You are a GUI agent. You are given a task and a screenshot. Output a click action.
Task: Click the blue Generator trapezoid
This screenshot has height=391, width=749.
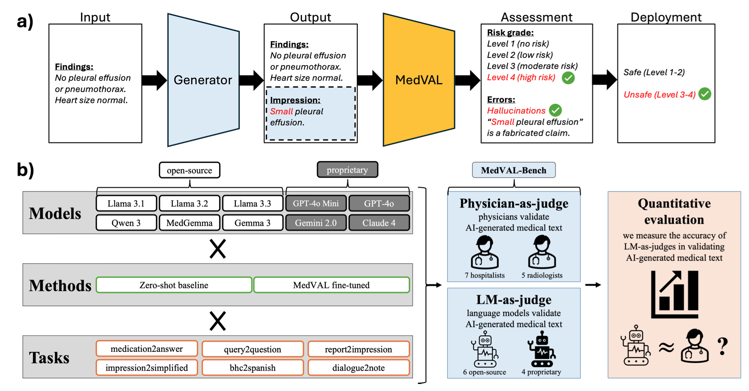point(203,80)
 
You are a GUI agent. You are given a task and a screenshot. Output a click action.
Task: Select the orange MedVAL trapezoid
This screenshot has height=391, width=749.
point(419,80)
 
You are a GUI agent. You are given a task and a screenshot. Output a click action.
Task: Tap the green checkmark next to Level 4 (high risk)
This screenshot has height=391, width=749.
point(568,78)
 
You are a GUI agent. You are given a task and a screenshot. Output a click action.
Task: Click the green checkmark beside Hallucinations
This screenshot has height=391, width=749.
point(555,110)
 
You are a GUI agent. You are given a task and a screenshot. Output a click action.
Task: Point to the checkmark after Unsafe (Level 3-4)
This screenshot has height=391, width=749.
point(705,94)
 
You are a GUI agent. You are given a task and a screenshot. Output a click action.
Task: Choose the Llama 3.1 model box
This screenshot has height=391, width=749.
point(126,204)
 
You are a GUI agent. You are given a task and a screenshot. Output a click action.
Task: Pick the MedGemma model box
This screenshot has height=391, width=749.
point(189,223)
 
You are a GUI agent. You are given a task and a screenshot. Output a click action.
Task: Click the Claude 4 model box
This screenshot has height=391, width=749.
point(379,223)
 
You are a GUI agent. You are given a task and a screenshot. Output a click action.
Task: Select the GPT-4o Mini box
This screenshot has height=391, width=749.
point(316,204)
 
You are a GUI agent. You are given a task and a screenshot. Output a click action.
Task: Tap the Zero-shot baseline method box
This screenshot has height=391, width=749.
point(174,285)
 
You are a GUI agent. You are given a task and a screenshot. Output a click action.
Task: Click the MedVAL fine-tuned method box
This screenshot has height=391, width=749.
point(331,285)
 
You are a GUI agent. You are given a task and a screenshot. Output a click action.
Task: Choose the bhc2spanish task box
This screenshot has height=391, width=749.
point(252,368)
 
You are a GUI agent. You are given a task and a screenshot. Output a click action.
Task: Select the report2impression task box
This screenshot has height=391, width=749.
point(358,349)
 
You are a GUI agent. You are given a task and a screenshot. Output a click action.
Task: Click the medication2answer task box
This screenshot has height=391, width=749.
point(147,349)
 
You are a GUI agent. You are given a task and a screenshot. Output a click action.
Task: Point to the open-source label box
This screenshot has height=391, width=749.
point(189,170)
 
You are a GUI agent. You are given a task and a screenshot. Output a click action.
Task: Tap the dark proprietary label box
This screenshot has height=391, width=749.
point(347,170)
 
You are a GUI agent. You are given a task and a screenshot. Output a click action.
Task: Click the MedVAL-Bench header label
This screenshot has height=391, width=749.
point(513,170)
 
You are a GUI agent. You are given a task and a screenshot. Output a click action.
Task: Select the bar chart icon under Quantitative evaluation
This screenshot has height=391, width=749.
point(674,294)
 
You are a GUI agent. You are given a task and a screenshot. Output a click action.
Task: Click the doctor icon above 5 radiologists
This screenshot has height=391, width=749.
point(542,252)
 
